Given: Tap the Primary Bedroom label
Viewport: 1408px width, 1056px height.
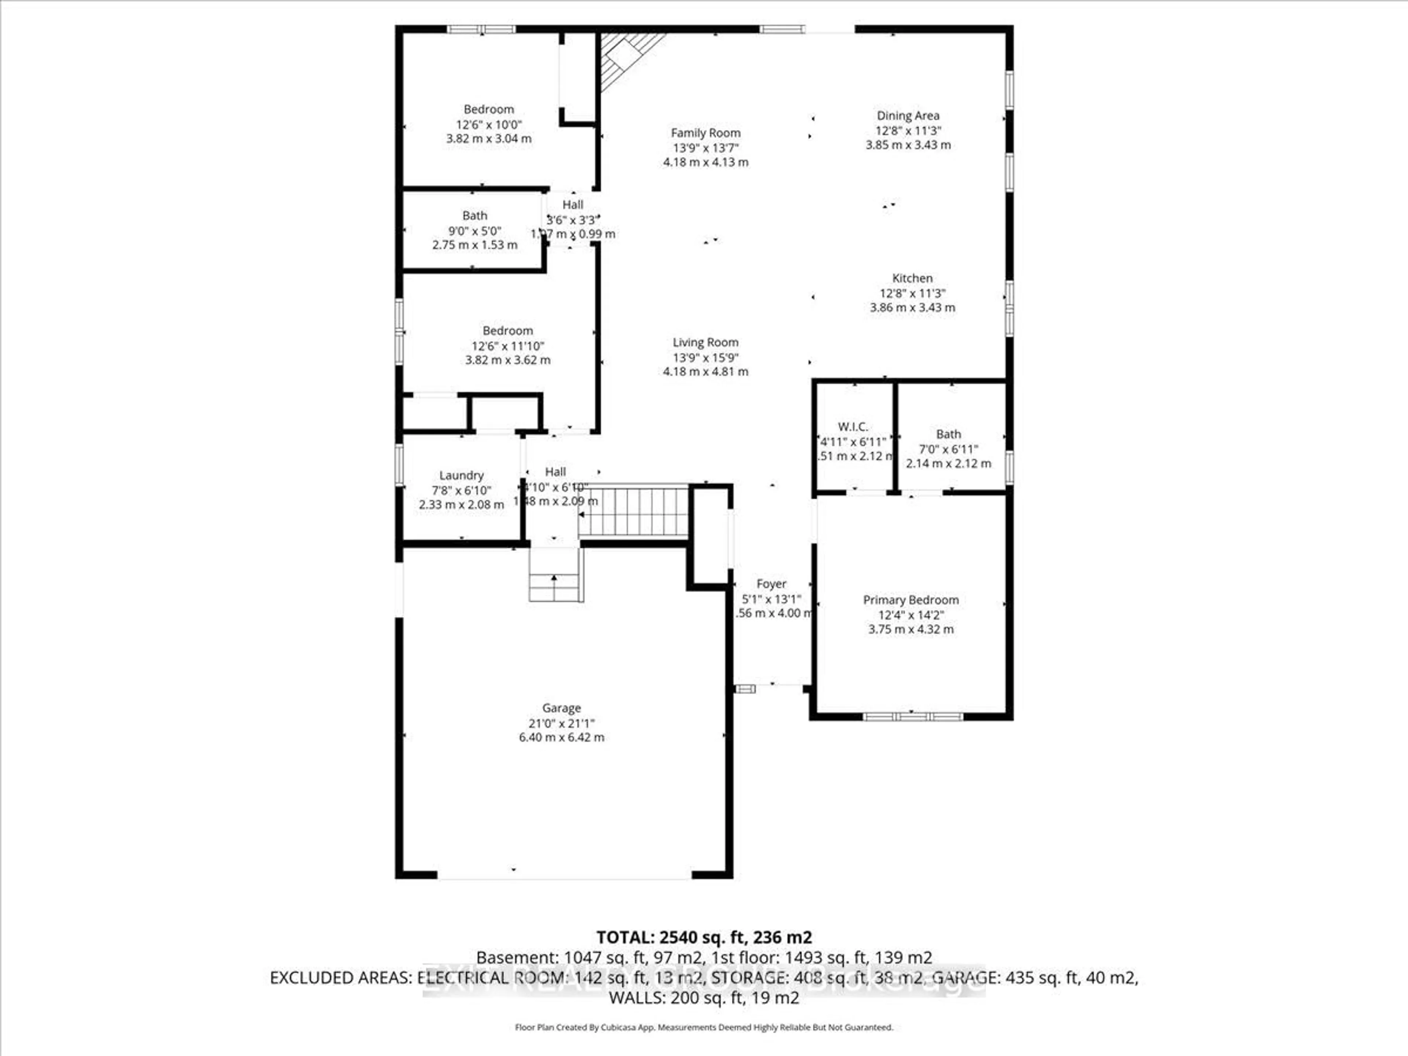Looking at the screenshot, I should pyautogui.click(x=910, y=599).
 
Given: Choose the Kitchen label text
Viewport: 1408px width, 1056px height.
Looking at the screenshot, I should pyautogui.click(x=912, y=278).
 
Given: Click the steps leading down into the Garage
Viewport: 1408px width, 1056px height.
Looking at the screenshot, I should pyautogui.click(x=555, y=576).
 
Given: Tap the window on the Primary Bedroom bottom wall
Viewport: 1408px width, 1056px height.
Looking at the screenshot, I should pyautogui.click(x=912, y=717).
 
